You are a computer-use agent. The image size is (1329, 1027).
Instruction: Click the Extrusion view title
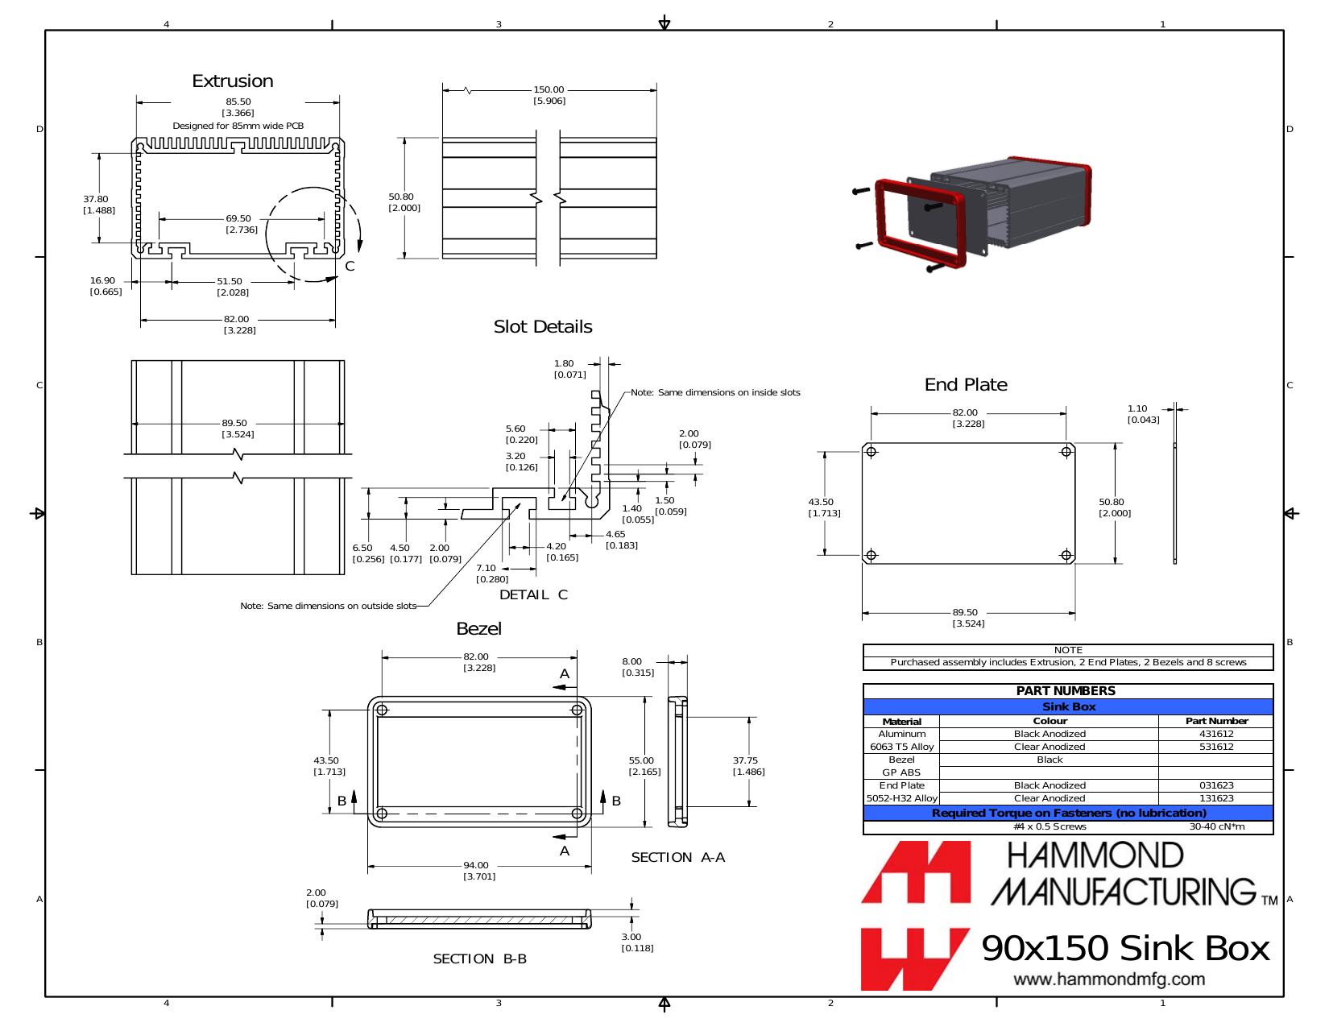coord(233,81)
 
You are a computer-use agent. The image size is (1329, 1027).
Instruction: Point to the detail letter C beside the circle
coord(350,266)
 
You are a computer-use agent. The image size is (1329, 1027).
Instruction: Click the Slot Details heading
coord(543,327)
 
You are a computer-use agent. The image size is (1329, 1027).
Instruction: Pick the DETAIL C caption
coord(533,594)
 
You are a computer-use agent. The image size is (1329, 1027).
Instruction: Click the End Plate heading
coord(966,384)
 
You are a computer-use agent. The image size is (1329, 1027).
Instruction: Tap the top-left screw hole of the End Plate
coord(872,452)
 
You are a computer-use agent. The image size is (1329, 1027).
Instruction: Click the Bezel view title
coord(478,628)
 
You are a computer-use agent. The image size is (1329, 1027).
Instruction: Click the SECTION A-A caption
coord(677,858)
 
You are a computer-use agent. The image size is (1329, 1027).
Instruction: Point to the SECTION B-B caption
coord(479,959)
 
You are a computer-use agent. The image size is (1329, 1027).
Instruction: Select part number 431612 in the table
coord(1216,734)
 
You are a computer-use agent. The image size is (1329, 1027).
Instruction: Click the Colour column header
coord(1050,721)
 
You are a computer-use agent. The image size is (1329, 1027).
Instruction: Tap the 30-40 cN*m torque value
coord(1216,827)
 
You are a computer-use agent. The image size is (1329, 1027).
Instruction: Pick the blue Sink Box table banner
coord(1068,707)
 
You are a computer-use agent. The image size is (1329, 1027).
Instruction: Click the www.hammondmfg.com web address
coord(1109,979)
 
